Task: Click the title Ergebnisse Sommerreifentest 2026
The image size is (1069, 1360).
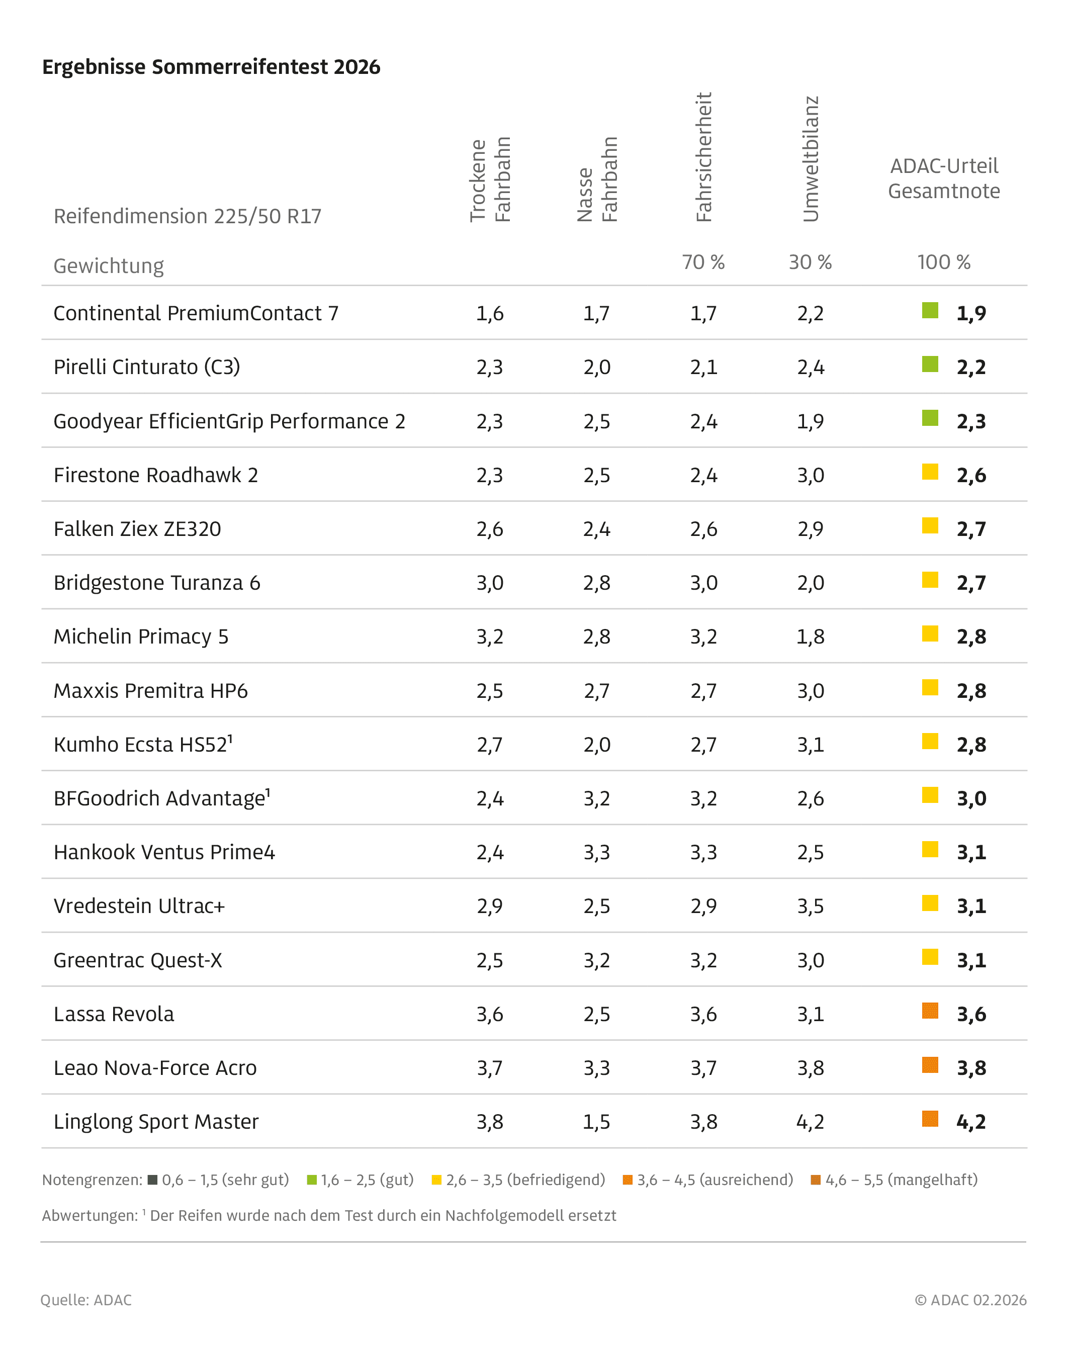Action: pyautogui.click(x=211, y=67)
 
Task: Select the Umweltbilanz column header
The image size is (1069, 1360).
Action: pyautogui.click(x=811, y=159)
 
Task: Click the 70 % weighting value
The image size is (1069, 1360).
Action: pyautogui.click(x=703, y=262)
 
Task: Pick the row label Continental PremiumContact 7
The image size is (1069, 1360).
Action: pyautogui.click(x=196, y=313)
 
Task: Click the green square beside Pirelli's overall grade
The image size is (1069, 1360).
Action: pyautogui.click(x=930, y=364)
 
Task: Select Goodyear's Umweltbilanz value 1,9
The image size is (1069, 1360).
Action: pyautogui.click(x=811, y=422)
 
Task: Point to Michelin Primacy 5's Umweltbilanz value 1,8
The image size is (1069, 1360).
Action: pyautogui.click(x=811, y=637)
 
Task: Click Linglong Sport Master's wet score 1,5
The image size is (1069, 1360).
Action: pyautogui.click(x=596, y=1122)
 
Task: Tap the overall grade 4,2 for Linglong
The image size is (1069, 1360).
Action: pyautogui.click(x=971, y=1122)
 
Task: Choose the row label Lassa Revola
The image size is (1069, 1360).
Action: pyautogui.click(x=114, y=1014)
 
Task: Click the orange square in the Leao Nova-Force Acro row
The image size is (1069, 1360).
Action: pyautogui.click(x=930, y=1065)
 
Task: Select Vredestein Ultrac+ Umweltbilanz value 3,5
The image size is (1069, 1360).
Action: pyautogui.click(x=811, y=906)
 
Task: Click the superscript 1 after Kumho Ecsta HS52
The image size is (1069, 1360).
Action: pyautogui.click(x=230, y=739)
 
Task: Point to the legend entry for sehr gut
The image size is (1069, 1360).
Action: pyautogui.click(x=219, y=1180)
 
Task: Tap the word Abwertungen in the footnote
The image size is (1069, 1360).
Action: pyautogui.click(x=90, y=1215)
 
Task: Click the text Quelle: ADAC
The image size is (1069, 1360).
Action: pyautogui.click(x=86, y=1300)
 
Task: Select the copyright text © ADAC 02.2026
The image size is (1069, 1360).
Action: pyautogui.click(x=970, y=1300)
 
